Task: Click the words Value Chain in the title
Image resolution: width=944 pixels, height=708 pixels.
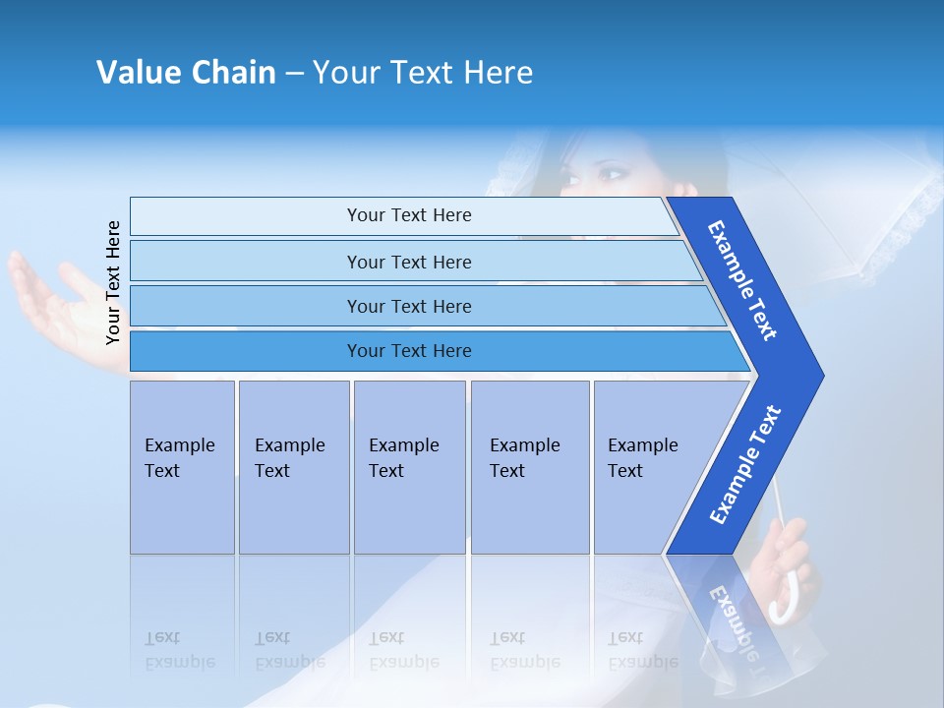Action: [x=186, y=73]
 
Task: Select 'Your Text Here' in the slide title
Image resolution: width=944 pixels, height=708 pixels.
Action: [x=423, y=73]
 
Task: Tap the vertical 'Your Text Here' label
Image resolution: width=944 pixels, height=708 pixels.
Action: [x=113, y=282]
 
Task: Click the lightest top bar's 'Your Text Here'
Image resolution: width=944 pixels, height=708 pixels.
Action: [x=409, y=215]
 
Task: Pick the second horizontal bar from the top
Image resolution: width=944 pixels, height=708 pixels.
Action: [x=409, y=262]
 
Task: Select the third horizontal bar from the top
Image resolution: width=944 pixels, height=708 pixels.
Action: [x=409, y=307]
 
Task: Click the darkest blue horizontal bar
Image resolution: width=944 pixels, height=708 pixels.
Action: [x=409, y=351]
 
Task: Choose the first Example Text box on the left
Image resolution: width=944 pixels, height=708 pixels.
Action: [x=182, y=467]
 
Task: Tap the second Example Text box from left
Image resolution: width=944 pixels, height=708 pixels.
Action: [x=293, y=467]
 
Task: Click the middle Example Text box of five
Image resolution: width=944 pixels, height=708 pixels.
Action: [x=409, y=467]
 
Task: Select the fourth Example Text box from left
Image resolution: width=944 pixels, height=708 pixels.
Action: [x=529, y=467]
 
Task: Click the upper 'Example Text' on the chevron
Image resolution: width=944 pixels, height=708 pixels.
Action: [x=742, y=280]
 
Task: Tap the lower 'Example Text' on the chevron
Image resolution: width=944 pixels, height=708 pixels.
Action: [x=744, y=465]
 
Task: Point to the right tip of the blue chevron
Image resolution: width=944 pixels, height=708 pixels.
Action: [x=821, y=375]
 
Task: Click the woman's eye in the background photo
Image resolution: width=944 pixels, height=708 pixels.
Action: [x=612, y=175]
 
